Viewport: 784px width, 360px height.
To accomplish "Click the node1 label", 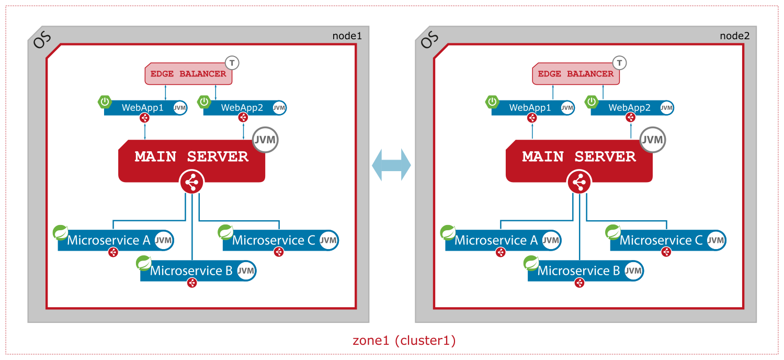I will [x=347, y=36].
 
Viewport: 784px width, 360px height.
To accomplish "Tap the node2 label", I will [x=734, y=36].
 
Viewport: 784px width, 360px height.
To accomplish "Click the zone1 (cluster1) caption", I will [x=404, y=341].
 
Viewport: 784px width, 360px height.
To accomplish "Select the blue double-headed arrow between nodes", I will [x=391, y=165].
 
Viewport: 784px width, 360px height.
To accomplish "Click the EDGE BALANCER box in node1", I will [x=188, y=74].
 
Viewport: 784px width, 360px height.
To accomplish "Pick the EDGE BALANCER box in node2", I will [x=576, y=74].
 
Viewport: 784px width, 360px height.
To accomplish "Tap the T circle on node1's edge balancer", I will [x=232, y=63].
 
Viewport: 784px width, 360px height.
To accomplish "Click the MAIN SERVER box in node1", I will [x=191, y=157].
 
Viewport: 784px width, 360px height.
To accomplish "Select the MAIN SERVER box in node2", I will [x=579, y=157].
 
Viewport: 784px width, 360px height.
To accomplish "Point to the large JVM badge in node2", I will [x=653, y=140].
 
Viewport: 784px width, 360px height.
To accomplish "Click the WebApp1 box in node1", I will [x=143, y=108].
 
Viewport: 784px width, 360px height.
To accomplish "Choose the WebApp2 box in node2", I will [x=629, y=108].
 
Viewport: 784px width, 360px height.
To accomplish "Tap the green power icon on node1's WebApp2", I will [x=204, y=102].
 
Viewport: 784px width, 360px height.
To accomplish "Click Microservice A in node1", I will [x=109, y=241].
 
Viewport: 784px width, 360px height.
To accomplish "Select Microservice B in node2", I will [x=578, y=271].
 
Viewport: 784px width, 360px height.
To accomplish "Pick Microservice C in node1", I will [x=274, y=241].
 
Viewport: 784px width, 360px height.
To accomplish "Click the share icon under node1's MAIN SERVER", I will [x=191, y=183].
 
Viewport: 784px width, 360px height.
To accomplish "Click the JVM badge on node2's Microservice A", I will [x=551, y=241].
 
